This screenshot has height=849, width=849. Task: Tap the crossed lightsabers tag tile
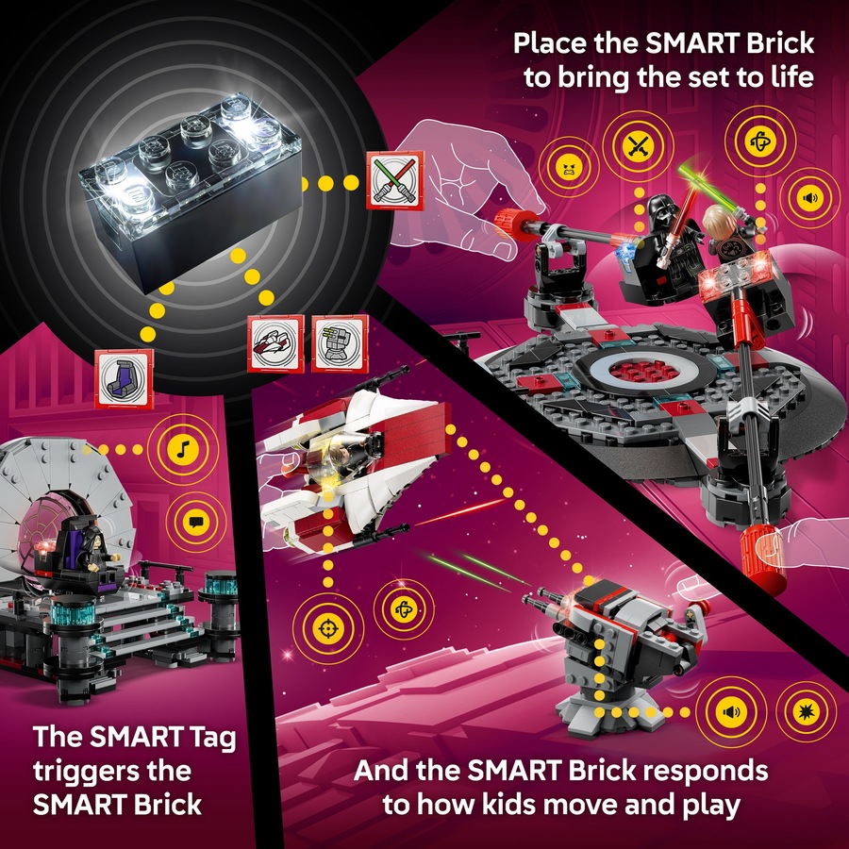tap(394, 179)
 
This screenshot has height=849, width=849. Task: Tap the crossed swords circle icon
tap(634, 146)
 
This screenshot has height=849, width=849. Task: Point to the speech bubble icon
tap(193, 520)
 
